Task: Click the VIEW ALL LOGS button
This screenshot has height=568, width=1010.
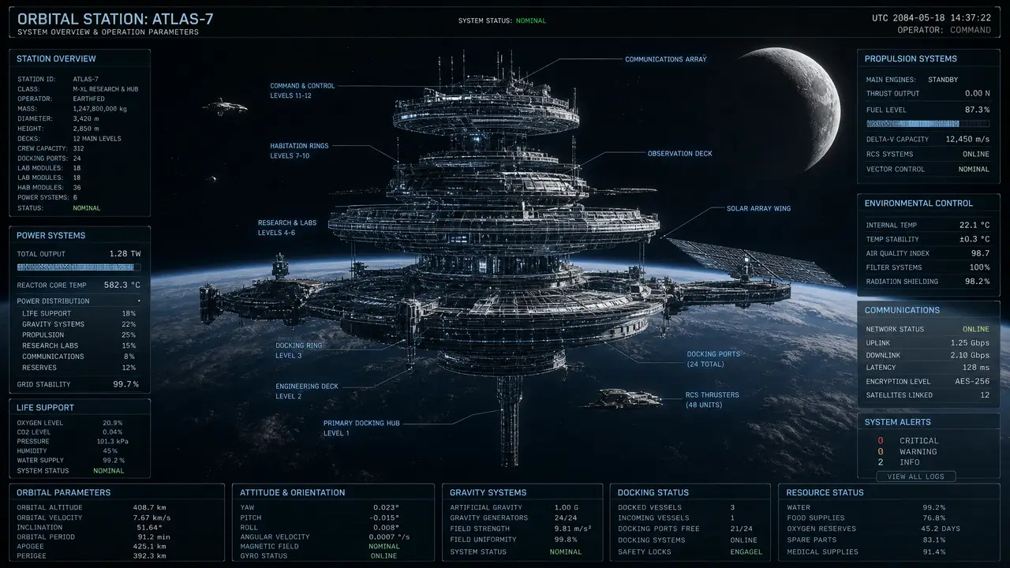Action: click(915, 476)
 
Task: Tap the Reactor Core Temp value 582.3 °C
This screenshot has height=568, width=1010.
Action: click(122, 285)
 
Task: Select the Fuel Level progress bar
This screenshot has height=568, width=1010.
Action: click(927, 124)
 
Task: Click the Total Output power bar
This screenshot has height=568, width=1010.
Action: click(78, 267)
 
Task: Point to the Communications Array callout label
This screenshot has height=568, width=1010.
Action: click(665, 59)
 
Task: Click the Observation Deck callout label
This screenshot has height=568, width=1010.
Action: click(680, 154)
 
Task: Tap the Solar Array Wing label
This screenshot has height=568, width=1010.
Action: click(758, 208)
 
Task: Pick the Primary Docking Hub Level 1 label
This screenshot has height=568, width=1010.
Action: click(361, 428)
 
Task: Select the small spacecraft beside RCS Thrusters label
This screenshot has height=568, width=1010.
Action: click(624, 398)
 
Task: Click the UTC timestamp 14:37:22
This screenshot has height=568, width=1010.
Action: click(971, 18)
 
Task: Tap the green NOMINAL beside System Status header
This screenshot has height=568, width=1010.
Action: click(531, 21)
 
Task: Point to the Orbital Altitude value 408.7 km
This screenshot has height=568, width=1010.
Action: click(149, 507)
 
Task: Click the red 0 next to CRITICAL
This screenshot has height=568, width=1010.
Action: click(880, 440)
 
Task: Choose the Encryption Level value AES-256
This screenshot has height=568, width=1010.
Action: click(972, 381)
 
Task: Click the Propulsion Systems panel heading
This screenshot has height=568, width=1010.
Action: click(911, 58)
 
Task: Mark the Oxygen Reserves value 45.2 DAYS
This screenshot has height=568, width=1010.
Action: click(940, 529)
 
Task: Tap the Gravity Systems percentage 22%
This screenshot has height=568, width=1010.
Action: click(129, 324)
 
